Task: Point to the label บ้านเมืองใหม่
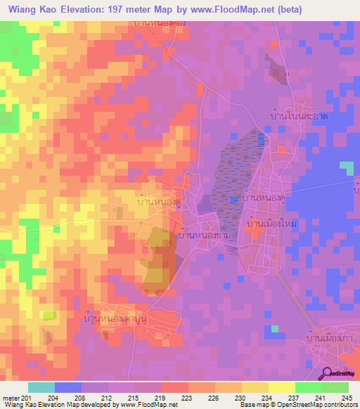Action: (x=270, y=223)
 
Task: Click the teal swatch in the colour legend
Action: (x=41, y=387)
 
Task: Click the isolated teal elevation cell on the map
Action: (x=347, y=167)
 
